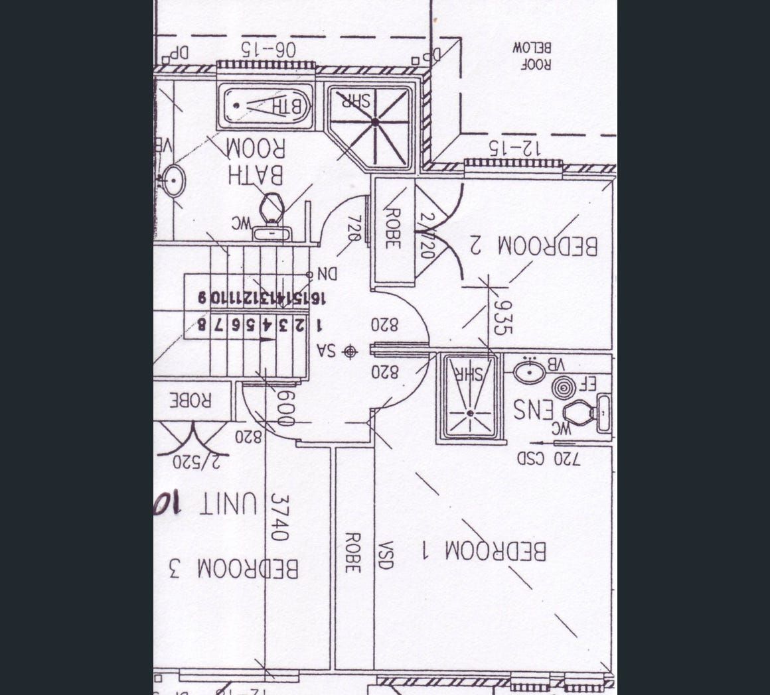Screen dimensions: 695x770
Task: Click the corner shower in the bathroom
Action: click(374, 123)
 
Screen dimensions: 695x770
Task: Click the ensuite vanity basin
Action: click(529, 371)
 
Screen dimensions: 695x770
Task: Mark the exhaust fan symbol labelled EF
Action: click(564, 387)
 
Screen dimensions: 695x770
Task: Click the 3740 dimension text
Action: click(280, 517)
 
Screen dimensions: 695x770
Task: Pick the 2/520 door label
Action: click(191, 462)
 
